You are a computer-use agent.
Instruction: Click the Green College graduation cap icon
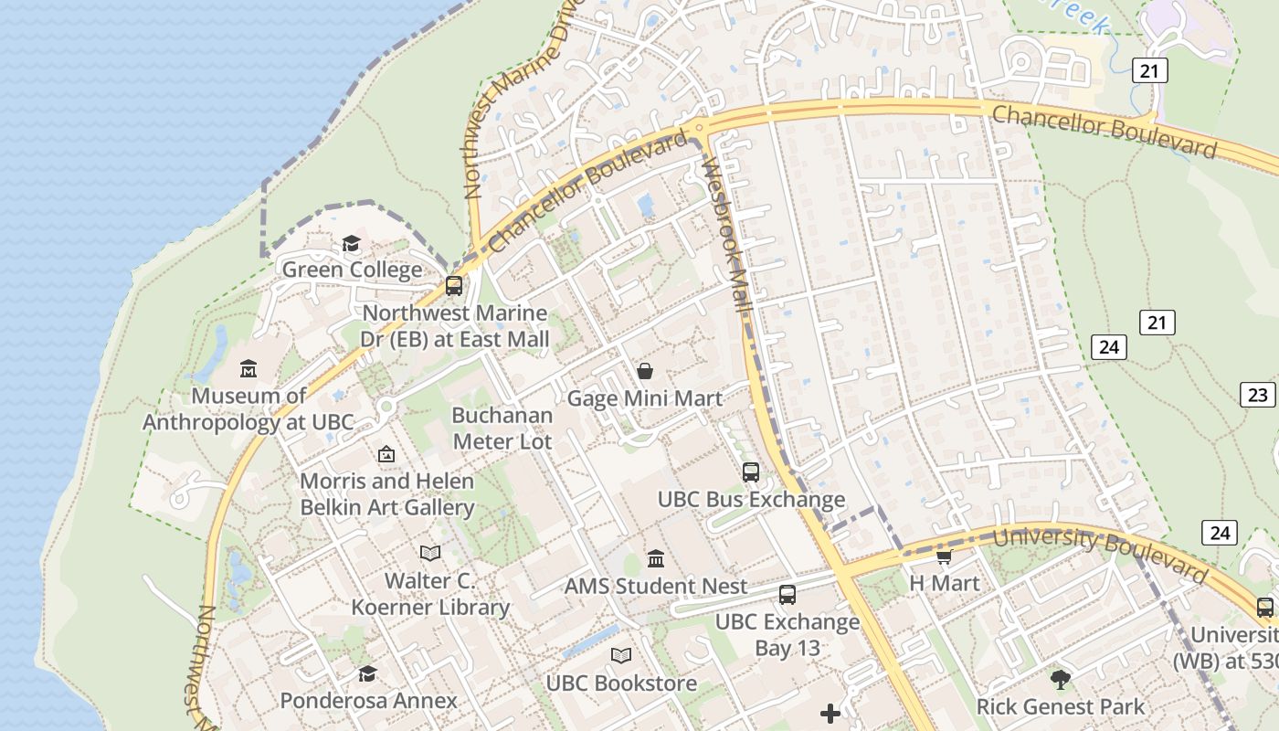coord(351,243)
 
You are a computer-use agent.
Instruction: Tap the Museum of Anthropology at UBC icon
coord(248,369)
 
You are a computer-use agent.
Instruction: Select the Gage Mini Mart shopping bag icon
coord(645,371)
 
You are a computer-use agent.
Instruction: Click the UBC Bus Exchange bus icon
coord(751,472)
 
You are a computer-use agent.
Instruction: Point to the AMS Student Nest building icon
coord(656,558)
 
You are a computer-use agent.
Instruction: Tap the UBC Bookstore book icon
coord(621,656)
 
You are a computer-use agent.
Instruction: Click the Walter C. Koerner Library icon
coord(430,553)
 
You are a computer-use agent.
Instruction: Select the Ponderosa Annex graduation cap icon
coord(367,673)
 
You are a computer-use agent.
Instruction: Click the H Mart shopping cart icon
coord(944,556)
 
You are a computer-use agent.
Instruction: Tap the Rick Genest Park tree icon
coord(1060,679)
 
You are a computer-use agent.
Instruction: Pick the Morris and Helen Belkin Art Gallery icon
coord(386,453)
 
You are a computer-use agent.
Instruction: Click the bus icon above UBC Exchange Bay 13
coord(787,595)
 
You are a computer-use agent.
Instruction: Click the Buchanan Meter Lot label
coord(502,429)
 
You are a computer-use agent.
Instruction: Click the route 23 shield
coord(1257,394)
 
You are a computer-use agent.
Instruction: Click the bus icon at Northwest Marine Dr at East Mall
coord(454,285)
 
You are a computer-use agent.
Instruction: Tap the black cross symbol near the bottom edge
coord(830,713)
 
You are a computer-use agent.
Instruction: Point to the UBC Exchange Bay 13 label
coord(787,635)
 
